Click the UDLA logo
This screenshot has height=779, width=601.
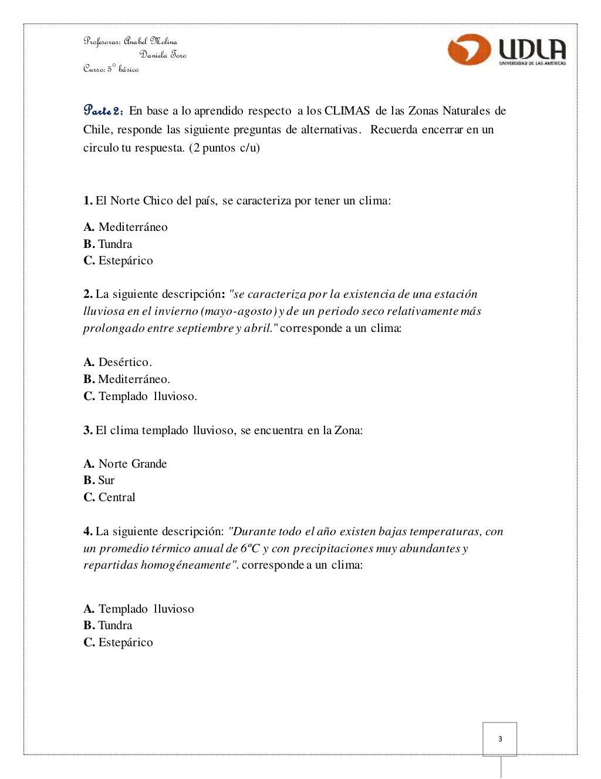tap(507, 50)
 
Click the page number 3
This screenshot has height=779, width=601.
tap(500, 739)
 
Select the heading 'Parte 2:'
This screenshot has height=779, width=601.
tap(103, 110)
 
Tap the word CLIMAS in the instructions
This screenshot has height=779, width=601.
tap(347, 111)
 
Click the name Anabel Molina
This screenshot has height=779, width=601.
tap(150, 41)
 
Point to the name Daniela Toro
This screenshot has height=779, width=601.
tap(163, 55)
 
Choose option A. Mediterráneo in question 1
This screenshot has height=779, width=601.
tap(126, 227)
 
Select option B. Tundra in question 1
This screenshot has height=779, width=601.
tap(108, 244)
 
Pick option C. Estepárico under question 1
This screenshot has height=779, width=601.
tap(118, 261)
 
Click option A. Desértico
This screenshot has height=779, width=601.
tap(117, 362)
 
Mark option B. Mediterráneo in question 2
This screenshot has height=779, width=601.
tap(127, 380)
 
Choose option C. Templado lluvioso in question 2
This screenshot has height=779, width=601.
tap(140, 397)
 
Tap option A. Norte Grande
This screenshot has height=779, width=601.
tap(125, 464)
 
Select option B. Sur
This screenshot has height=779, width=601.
tap(99, 481)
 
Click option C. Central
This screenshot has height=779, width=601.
tap(109, 498)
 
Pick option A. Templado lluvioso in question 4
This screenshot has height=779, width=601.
tap(139, 609)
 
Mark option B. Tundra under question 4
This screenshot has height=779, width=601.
tap(108, 626)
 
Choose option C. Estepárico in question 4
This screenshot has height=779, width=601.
tap(118, 643)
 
